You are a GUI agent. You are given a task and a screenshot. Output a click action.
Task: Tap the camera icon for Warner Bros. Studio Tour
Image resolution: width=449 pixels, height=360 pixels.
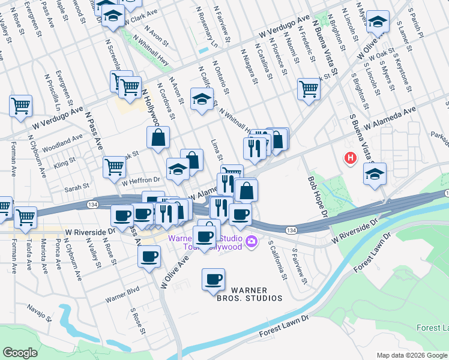[252, 242]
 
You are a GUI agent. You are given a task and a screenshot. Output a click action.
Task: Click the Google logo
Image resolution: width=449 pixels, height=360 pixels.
[20, 353]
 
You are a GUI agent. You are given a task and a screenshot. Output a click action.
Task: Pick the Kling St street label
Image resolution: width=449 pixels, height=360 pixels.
[65, 162]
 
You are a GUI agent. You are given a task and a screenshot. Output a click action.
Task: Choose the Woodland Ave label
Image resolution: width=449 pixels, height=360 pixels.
[63, 143]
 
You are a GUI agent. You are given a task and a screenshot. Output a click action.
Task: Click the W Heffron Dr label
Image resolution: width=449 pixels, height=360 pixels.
[141, 179]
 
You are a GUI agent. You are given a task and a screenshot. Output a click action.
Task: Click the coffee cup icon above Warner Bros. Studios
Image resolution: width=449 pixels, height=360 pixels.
[214, 278]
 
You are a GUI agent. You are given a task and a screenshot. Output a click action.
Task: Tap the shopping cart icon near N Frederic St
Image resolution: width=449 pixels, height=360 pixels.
[309, 88]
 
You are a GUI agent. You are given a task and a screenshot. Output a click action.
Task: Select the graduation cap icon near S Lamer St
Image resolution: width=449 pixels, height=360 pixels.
[378, 22]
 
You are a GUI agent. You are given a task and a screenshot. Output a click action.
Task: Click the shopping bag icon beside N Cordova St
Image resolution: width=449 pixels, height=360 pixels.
[158, 137]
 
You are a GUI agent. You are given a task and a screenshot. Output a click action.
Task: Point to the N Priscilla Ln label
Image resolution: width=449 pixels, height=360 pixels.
[50, 89]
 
